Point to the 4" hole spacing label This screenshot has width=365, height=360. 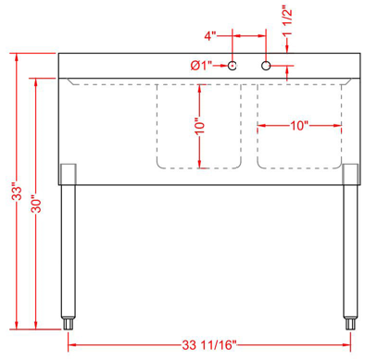(211, 36)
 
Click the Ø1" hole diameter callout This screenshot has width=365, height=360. (201, 66)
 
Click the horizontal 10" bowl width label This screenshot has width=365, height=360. (297, 126)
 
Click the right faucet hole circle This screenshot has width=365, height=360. (266, 66)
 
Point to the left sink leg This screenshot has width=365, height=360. (67, 250)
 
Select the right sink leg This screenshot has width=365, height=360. (350, 250)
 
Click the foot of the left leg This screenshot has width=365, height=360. (68, 324)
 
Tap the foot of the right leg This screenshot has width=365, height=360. (350, 324)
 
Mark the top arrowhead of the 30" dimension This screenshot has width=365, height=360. (35, 82)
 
